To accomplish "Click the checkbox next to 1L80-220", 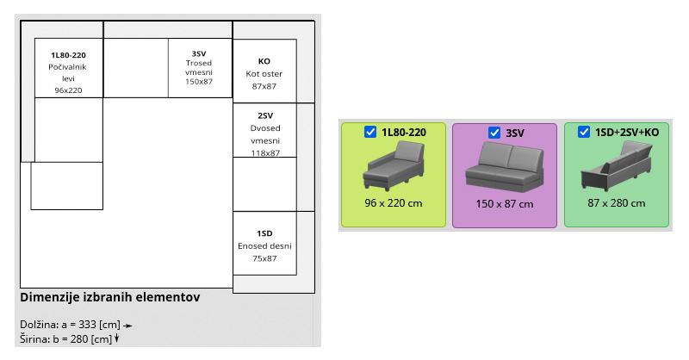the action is [x=370, y=132].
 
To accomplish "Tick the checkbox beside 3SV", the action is [x=493, y=133].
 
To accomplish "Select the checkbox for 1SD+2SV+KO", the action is [x=584, y=132].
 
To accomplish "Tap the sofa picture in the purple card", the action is [x=505, y=167].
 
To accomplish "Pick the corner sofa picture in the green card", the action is [x=616, y=166].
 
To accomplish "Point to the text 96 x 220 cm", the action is [x=394, y=203].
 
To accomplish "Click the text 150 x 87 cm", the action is [x=505, y=204].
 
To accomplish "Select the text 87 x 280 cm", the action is [x=616, y=203].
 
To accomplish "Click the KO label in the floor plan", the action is [x=264, y=61].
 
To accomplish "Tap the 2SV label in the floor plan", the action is [x=265, y=115].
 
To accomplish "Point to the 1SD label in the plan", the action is [x=264, y=233].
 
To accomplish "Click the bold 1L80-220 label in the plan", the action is [x=68, y=55].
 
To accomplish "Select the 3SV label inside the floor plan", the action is [x=199, y=53].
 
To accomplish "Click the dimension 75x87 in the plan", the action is [x=264, y=258].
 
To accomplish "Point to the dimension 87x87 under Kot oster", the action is [x=264, y=86].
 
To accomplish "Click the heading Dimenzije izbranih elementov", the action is [x=110, y=297].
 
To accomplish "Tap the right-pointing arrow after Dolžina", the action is [x=127, y=326].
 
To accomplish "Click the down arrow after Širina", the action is [x=116, y=338].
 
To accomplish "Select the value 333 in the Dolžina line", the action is [x=88, y=325].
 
